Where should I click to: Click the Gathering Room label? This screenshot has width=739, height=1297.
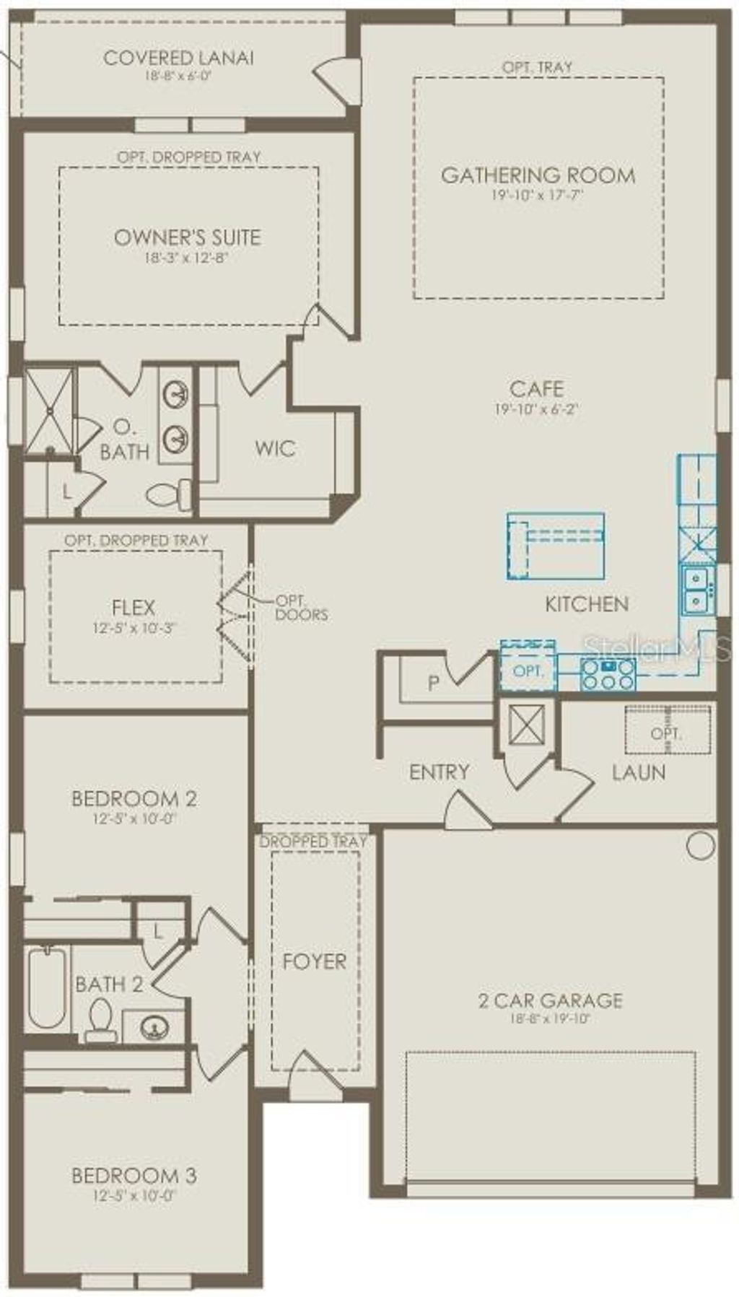tap(538, 175)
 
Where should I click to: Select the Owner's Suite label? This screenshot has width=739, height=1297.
tap(188, 237)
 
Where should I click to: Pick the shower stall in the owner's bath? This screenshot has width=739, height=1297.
tap(49, 411)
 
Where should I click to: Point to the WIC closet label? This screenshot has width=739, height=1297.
tap(275, 448)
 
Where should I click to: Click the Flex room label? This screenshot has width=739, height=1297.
tap(134, 607)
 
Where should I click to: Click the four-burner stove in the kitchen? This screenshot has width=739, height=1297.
tap(608, 674)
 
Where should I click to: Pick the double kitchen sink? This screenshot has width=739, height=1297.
tap(696, 590)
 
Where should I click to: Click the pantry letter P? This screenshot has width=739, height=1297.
tap(433, 683)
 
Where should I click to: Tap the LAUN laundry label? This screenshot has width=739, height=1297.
tap(639, 772)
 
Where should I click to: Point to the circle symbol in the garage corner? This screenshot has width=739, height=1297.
tap(700, 845)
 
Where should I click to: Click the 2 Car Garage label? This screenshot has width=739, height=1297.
tap(550, 1000)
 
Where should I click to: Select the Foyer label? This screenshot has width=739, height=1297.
tap(314, 961)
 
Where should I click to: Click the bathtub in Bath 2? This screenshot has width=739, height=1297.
tap(47, 987)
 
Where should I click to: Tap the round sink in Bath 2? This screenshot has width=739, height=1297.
tap(153, 1026)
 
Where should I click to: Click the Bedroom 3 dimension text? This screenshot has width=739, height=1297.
tap(134, 1195)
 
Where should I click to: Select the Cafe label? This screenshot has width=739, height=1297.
tap(536, 389)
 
